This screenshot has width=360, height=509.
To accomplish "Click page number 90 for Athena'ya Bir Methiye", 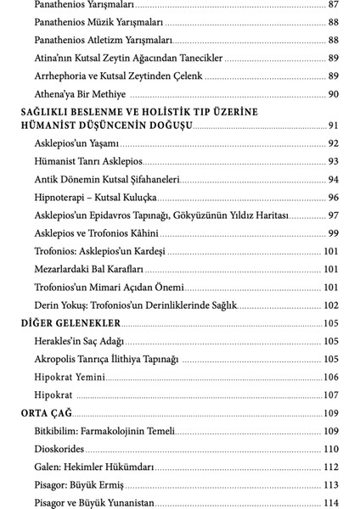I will pos(334,94).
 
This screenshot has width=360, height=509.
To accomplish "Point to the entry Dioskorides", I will pos(64,449).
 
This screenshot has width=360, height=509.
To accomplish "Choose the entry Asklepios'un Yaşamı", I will pos(77,143).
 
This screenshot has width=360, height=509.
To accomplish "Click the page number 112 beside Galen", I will pos(331,467).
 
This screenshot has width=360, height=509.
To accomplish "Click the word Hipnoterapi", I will pos(66,197).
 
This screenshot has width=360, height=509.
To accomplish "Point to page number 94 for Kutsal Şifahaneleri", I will pos(334,179).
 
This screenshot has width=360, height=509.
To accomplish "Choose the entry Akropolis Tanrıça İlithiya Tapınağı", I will pos(107,359).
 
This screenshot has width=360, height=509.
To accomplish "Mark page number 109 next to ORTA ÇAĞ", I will pos(331,413).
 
